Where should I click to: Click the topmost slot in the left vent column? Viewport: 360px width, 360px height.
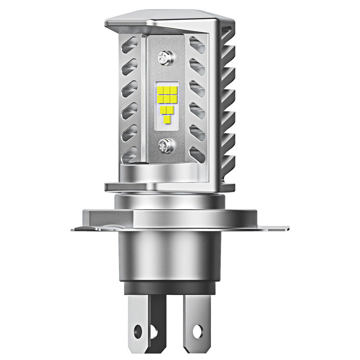pyautogui.click(x=129, y=46)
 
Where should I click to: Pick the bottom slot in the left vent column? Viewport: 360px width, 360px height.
pyautogui.click(x=130, y=154)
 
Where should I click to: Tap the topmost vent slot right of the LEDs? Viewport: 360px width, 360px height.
pyautogui.click(x=197, y=45)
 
